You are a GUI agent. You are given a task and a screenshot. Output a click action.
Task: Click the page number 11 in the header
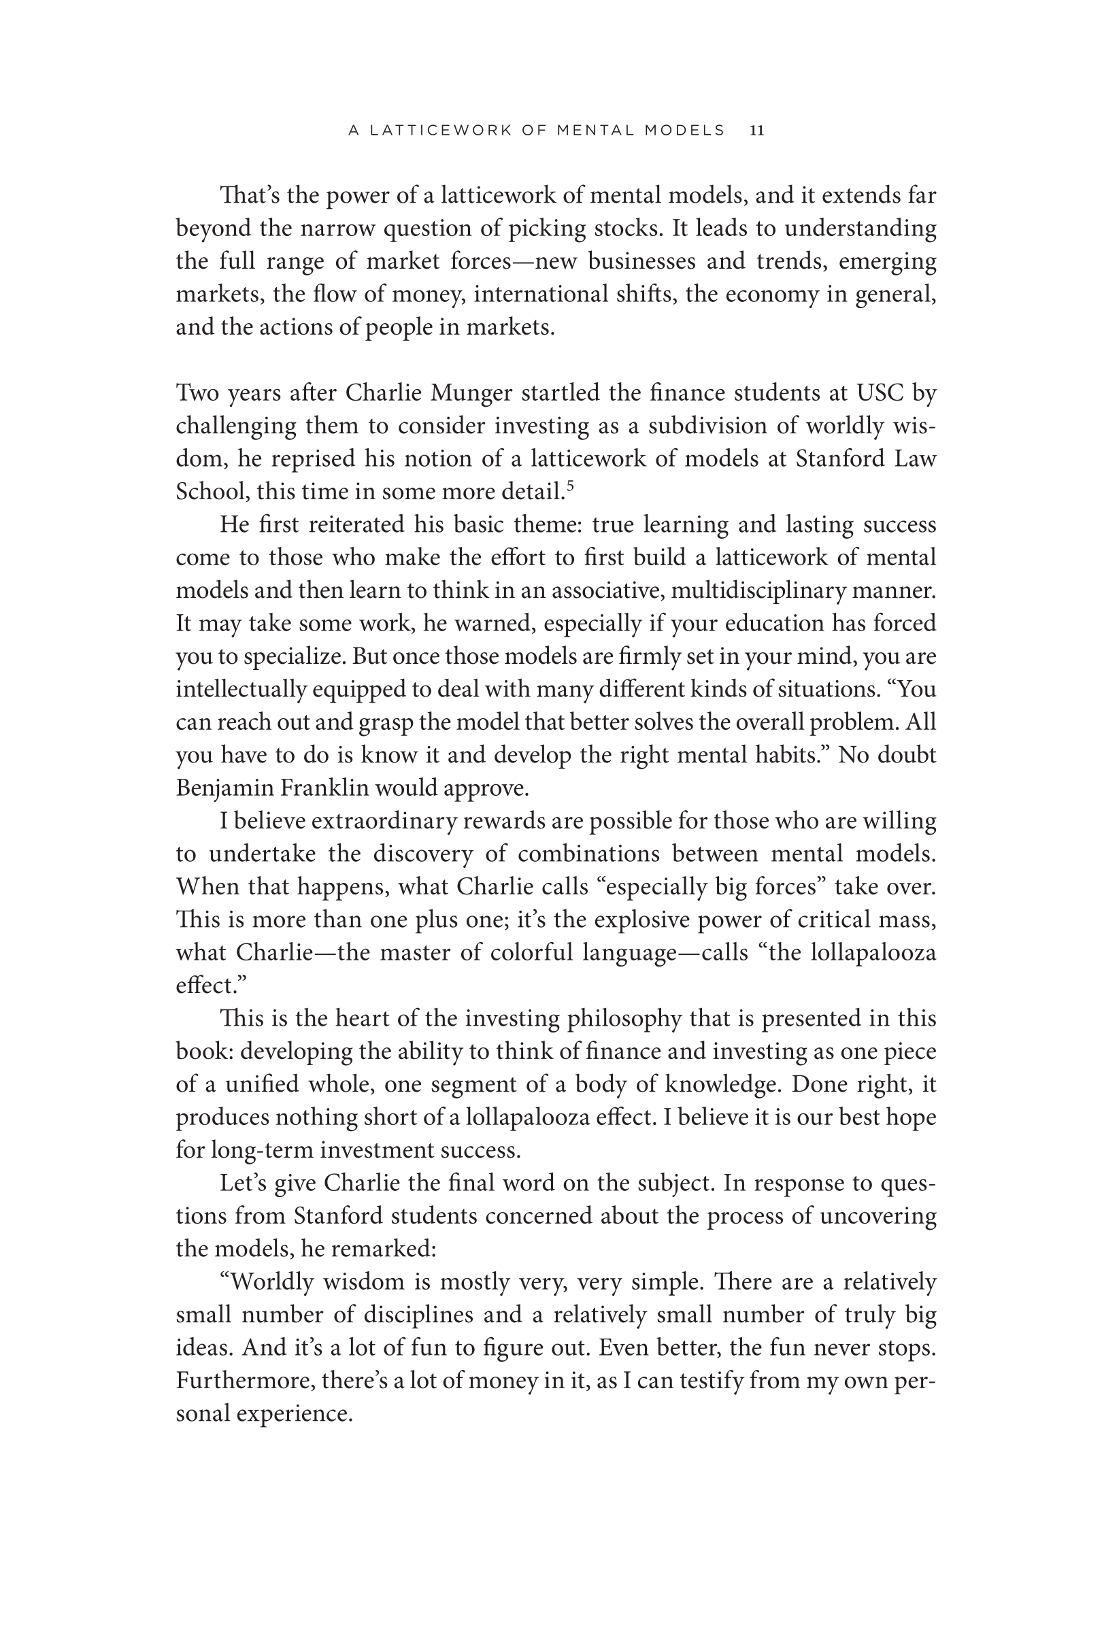coord(756,131)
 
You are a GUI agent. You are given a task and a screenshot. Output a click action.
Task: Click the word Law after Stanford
coord(915,458)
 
